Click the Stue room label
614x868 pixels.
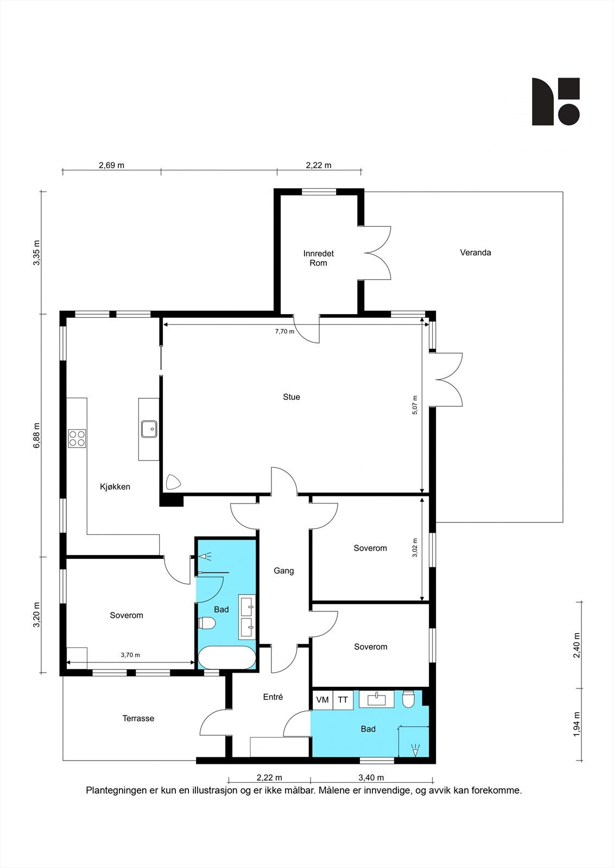292,397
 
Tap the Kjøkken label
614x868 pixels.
115,487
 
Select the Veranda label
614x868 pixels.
476,253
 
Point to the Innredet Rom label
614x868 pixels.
319,258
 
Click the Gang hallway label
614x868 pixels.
283,571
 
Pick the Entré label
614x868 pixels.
273,697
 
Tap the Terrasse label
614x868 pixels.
138,718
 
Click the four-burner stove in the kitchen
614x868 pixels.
77,439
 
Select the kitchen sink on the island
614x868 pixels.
149,429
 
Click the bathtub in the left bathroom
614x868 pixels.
227,658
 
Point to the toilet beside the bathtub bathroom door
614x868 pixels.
207,623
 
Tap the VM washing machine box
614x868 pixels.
322,700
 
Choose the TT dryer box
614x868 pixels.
343,700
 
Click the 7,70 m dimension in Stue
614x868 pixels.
284,331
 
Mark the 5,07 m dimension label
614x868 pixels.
415,405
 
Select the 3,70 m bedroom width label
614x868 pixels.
130,655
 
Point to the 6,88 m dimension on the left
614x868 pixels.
36,435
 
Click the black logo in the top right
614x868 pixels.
556,101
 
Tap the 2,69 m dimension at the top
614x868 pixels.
112,165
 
